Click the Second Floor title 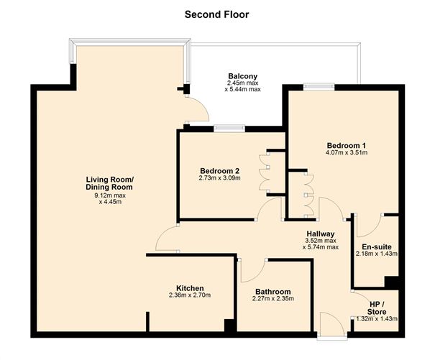click(217, 14)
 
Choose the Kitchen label click(190, 287)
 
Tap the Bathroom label click(274, 291)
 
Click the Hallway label click(321, 234)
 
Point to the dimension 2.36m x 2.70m click(190, 295)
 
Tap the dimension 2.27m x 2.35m click(274, 300)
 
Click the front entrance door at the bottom click(331, 326)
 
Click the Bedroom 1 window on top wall click(319, 87)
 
